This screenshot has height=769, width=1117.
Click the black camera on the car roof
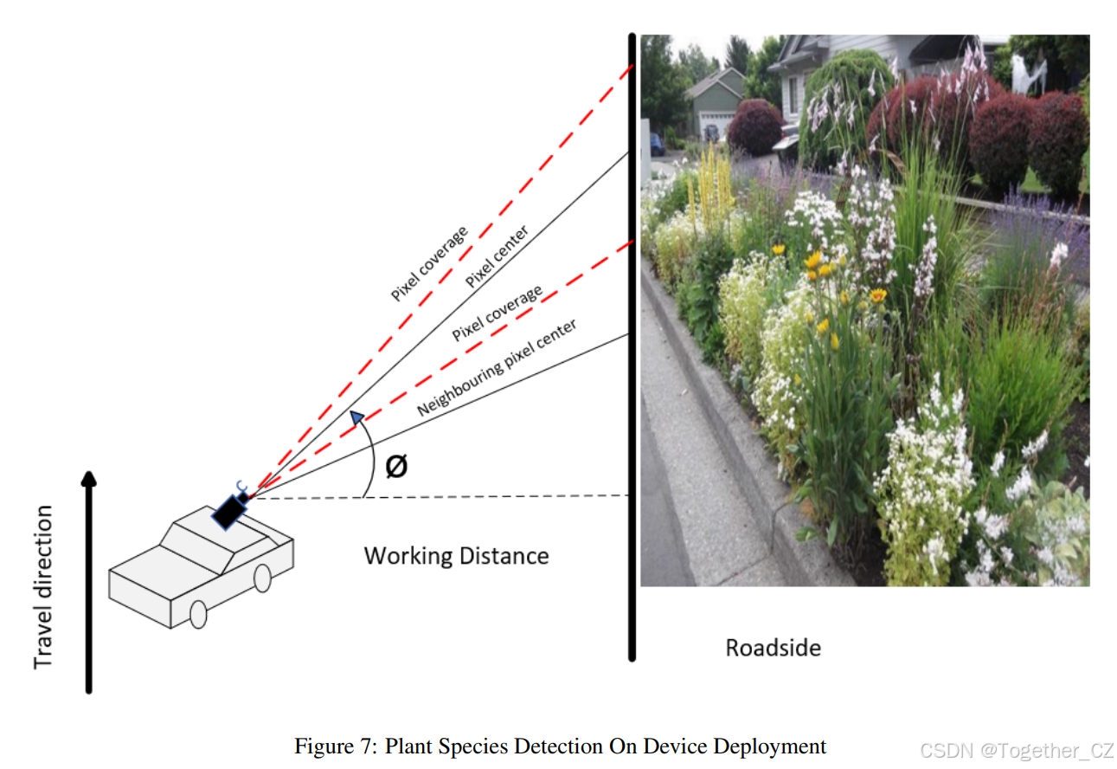coord(229,511)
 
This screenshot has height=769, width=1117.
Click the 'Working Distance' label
coord(456,555)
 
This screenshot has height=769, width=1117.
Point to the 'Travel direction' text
coord(43,587)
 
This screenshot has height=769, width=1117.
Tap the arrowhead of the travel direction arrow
coord(88,479)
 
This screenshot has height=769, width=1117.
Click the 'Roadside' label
coord(773,647)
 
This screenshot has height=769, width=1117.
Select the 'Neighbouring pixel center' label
coord(497,367)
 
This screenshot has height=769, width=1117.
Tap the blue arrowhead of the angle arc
coord(355,419)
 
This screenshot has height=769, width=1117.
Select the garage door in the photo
coord(715,125)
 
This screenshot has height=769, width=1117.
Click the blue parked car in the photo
coord(658,144)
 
